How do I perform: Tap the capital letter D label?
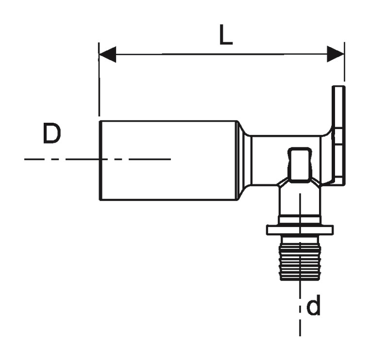click(x=52, y=134)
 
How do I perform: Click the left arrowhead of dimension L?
click(x=107, y=54)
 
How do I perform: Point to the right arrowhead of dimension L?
click(x=336, y=54)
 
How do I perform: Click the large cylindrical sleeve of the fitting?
click(x=168, y=160)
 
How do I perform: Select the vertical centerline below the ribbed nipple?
click(x=300, y=311)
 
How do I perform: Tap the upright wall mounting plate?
click(x=339, y=136)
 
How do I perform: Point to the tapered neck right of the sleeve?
click(x=244, y=160)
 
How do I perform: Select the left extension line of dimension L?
click(x=99, y=82)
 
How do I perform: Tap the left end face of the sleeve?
click(x=101, y=160)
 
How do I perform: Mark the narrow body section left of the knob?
click(x=267, y=160)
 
